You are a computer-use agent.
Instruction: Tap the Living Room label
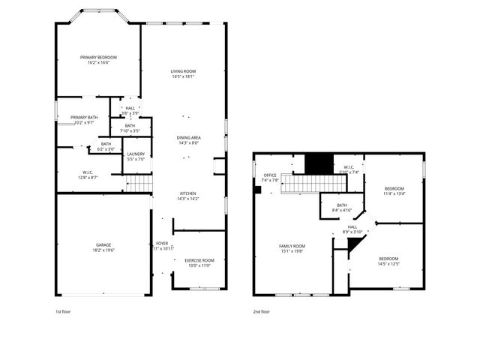pos(182,73)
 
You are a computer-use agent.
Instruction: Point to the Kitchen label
pos(187,196)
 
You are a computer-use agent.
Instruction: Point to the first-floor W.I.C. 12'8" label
pos(88,175)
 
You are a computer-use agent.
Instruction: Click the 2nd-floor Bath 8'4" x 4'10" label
pos(342,208)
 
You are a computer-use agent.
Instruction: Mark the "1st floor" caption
pos(64,311)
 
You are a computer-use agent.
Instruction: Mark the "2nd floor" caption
pos(262,311)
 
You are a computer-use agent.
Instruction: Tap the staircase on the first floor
pos(138,182)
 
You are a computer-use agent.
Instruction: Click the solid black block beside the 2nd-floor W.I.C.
pos(318,162)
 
